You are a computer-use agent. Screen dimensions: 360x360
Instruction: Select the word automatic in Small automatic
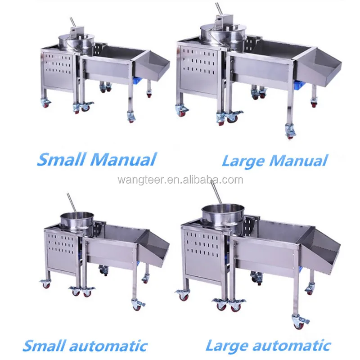(108, 346)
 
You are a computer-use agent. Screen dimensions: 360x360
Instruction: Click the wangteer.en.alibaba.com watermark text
(180, 180)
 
